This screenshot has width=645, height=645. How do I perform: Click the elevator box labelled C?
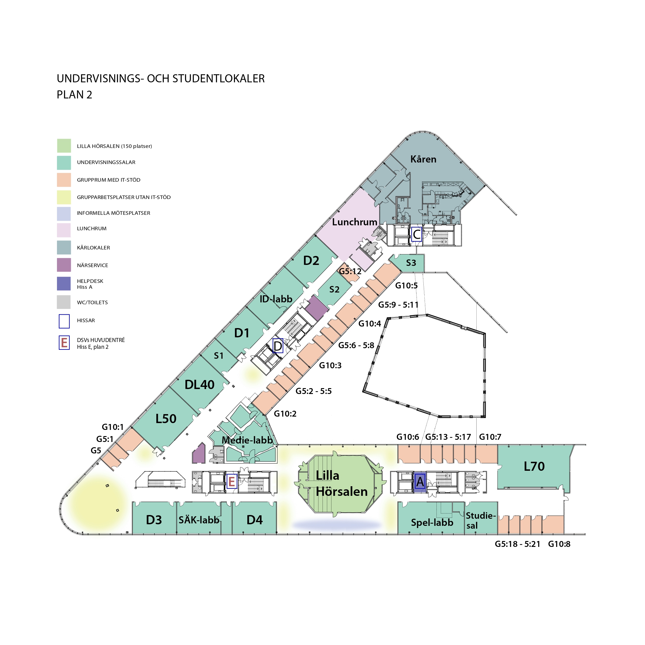[416, 234]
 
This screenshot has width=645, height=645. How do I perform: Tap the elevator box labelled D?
[278, 346]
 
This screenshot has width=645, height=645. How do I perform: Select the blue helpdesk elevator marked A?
[420, 482]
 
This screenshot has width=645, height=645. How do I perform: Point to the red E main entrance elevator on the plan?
[232, 481]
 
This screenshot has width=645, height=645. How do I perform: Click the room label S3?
[411, 263]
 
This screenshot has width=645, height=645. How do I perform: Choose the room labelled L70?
[534, 466]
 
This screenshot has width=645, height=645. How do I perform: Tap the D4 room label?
[254, 520]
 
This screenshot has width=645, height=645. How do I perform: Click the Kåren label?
[423, 159]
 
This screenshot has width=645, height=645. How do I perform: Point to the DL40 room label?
[200, 385]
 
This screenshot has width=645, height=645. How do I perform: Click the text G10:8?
[559, 544]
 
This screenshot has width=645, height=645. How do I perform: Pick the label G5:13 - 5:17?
[448, 437]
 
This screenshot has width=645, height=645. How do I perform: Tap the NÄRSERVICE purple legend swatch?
[64, 265]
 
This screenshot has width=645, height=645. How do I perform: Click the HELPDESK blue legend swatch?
[64, 284]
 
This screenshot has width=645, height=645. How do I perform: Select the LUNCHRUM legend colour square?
[64, 230]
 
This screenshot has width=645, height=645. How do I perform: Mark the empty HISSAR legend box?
[64, 321]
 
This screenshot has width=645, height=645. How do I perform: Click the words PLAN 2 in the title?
[75, 95]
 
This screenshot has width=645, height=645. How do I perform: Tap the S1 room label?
[219, 356]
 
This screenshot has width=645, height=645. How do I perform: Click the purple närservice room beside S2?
[317, 308]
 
